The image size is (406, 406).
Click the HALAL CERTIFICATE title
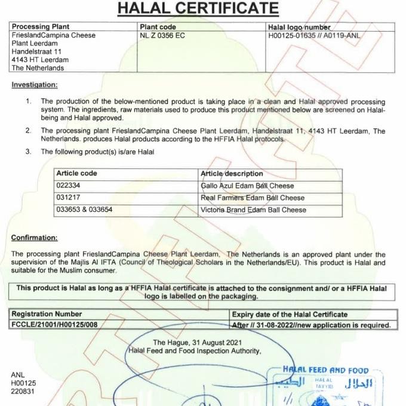pos(198,8)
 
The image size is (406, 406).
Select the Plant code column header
pos(158,27)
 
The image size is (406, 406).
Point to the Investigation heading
pos(35,85)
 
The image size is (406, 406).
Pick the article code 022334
pos(67,186)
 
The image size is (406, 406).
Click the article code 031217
pos(67,198)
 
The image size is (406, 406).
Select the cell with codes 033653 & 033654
pos(84,210)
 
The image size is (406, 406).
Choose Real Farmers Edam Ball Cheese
pos(253,198)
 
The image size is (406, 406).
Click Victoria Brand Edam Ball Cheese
pos(254,210)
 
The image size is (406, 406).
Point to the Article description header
pos(232,173)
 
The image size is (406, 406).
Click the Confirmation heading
pos(35,238)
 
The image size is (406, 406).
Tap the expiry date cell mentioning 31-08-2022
pos(311,325)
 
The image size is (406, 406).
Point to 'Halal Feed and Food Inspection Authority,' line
pos(195,350)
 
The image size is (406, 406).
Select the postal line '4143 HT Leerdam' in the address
pos(40,60)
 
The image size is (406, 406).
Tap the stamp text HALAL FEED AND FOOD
pos(327,371)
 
